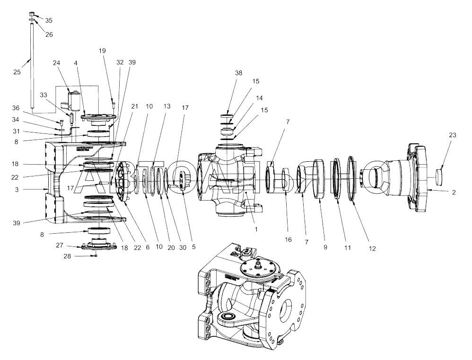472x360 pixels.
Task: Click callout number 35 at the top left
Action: click(49, 21)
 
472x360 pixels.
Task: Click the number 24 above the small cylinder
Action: click(57, 63)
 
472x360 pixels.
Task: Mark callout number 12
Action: click(372, 248)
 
